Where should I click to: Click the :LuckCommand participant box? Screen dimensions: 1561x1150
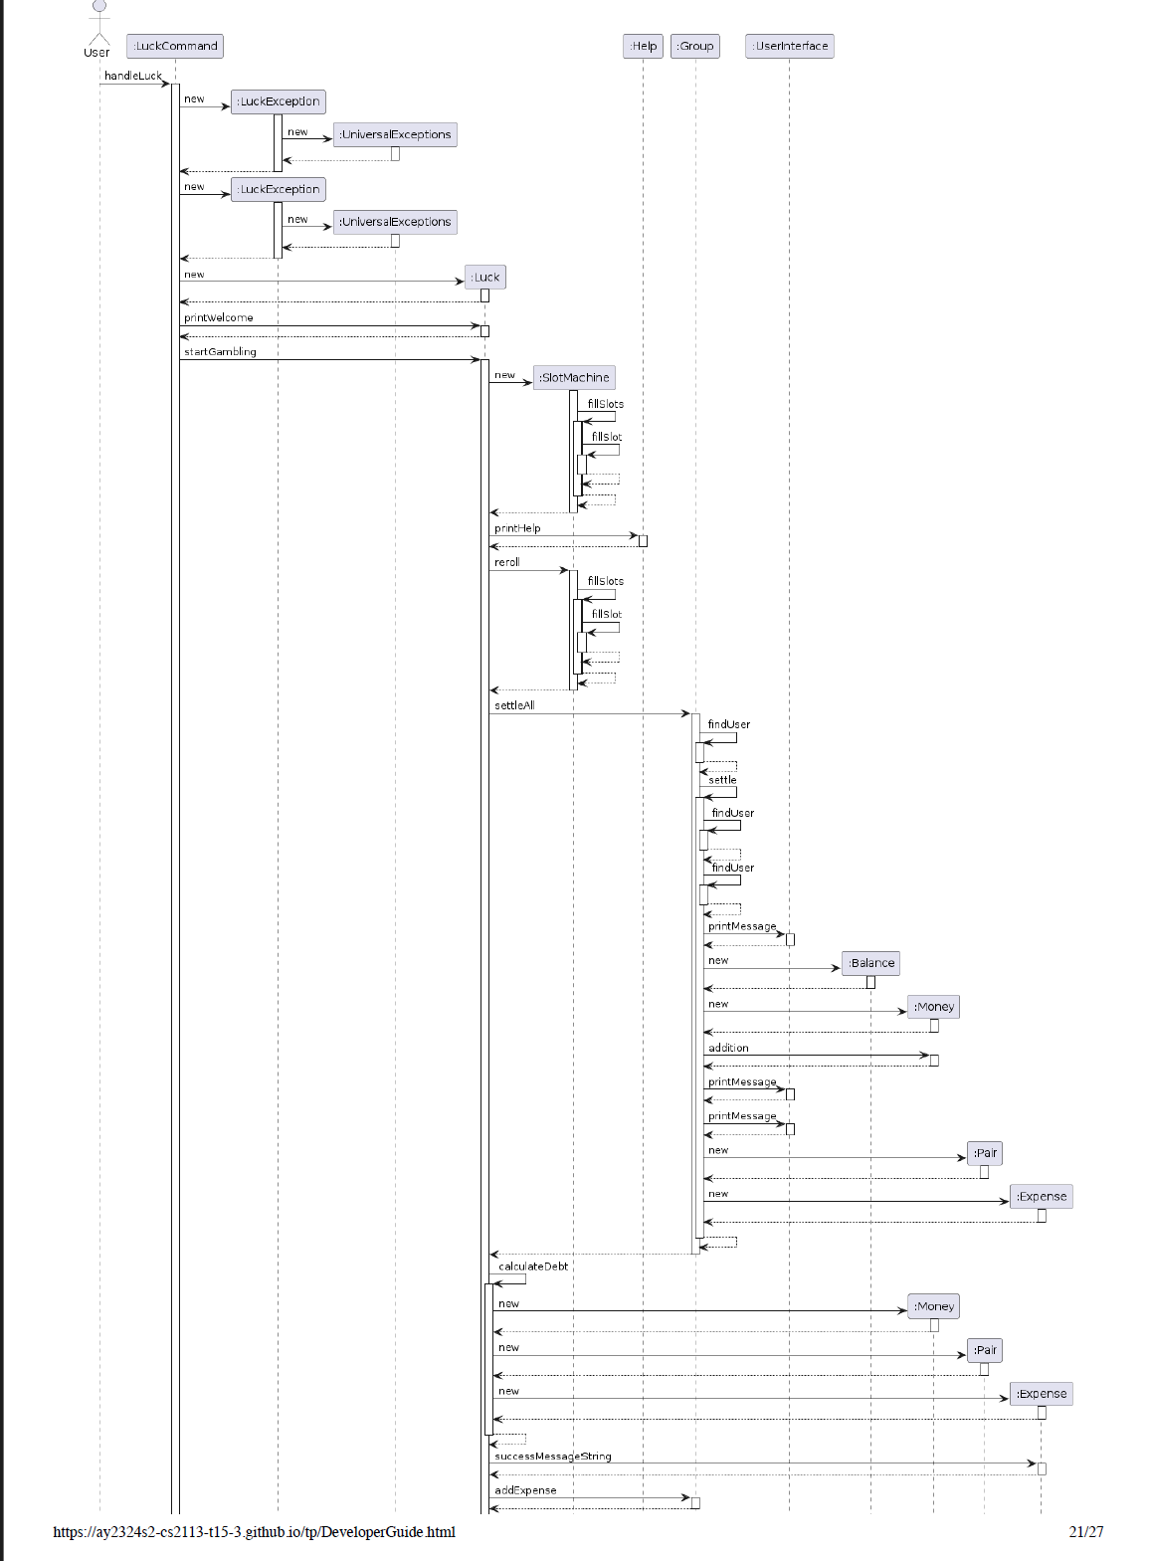[x=175, y=46]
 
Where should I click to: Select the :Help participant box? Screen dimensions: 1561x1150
[x=644, y=46]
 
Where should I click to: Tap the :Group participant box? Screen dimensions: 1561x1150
[x=695, y=46]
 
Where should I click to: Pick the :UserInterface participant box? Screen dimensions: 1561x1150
[x=790, y=46]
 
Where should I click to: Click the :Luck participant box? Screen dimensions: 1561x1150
[x=485, y=278]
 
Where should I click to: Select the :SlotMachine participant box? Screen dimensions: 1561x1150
[x=574, y=378]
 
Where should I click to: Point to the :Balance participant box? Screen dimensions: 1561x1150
[x=870, y=963]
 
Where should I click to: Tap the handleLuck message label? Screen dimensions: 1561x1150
[x=132, y=76]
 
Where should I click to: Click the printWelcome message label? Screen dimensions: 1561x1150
[x=218, y=318]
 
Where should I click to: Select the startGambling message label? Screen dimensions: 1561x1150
[x=220, y=352]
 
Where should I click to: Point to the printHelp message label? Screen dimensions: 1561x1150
[x=517, y=528]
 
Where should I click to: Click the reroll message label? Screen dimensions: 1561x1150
[x=506, y=562]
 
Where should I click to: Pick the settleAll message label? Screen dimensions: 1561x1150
[x=514, y=705]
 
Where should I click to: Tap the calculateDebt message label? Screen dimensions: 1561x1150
[x=533, y=1267]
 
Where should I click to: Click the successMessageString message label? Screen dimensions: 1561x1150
[x=552, y=1457]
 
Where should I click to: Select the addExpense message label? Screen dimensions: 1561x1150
[x=525, y=1490]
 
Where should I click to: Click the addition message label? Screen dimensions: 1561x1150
[x=728, y=1048]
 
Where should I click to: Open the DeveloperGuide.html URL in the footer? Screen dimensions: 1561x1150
[x=254, y=1532]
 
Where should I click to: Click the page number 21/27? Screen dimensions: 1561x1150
[x=1086, y=1532]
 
